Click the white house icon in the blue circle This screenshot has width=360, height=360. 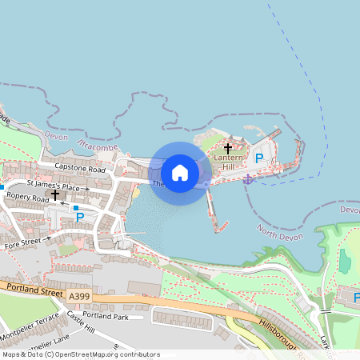pos(180,173)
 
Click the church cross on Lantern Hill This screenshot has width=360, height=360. pos(227,149)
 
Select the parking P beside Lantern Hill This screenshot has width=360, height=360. pos(258,159)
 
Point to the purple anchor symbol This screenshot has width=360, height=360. pos(247,178)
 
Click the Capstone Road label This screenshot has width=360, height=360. pos(80,170)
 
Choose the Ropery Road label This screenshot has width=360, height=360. pos(27,197)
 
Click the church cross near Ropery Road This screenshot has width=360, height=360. pos(54,194)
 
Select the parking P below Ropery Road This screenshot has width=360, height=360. pos(79,217)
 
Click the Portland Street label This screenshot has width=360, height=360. pos(32,292)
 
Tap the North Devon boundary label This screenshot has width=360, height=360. pos(282,231)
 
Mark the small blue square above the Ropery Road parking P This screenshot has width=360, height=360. pos(75,207)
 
